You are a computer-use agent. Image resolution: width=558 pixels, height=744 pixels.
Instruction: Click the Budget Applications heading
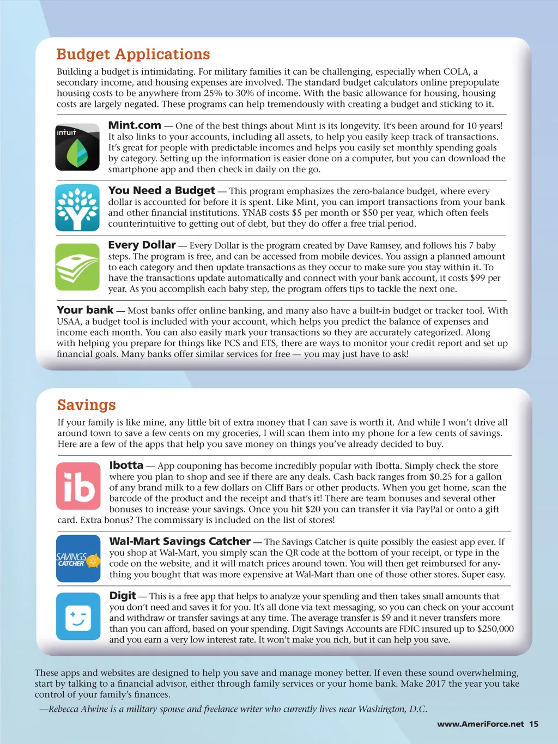tap(133, 55)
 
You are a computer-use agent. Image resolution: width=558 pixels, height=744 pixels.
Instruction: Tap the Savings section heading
tap(87, 405)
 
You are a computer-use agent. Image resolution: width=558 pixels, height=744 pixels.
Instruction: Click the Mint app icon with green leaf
tap(77, 148)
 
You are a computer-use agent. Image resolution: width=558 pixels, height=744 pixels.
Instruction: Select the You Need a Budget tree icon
tap(77, 208)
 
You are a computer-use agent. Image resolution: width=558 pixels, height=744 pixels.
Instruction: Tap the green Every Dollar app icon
tap(77, 267)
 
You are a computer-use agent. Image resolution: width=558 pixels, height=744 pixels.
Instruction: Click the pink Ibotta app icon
tap(78, 486)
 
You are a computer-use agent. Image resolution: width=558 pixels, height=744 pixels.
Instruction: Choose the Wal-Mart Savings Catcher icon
tap(78, 559)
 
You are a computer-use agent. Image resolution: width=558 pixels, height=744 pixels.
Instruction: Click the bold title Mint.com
tap(135, 125)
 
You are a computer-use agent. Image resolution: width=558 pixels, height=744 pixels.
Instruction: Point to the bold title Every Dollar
tap(142, 245)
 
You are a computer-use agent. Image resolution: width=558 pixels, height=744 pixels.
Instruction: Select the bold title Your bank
tap(85, 310)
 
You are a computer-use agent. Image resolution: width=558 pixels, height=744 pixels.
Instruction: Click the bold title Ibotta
tap(126, 465)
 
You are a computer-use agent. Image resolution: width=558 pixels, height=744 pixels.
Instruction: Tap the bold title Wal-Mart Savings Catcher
tap(180, 541)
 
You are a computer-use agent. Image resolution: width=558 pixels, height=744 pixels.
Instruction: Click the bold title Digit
tap(122, 596)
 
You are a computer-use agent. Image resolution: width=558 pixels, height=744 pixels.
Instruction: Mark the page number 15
tap(533, 724)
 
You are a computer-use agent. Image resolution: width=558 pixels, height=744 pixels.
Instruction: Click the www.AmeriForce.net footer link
tap(480, 724)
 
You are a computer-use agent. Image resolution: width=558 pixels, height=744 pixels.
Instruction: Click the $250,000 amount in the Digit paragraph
tap(495, 629)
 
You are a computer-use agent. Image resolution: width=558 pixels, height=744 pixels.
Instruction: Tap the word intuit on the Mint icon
tap(66, 132)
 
